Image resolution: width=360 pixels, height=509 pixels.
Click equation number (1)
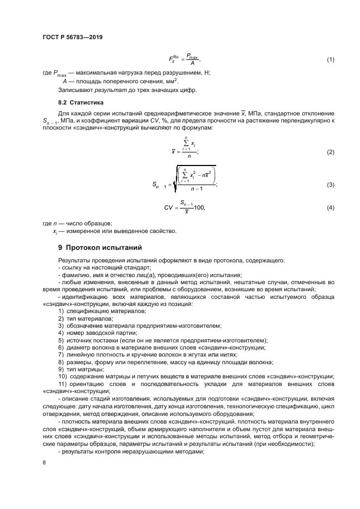coord(330,59)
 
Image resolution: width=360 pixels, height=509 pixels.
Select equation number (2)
coord(330,152)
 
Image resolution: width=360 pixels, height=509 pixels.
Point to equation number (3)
coord(330,186)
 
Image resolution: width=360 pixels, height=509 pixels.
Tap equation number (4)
coord(330,208)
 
